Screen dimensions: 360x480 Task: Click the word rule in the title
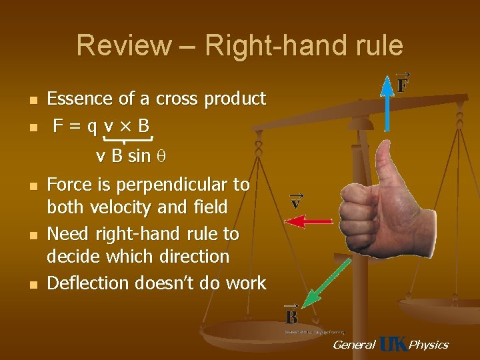tap(377, 45)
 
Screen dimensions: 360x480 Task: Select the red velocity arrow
tap(313, 220)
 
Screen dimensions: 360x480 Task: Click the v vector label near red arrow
tap(295, 200)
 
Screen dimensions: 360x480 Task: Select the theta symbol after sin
tap(160, 157)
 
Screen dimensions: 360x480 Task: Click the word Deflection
tap(88, 283)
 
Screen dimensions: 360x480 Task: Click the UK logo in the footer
tap(392, 344)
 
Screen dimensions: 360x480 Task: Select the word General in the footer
tap(353, 345)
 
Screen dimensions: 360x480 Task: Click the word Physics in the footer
tap(428, 345)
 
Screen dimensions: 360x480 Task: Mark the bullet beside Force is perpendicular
tap(31, 185)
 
